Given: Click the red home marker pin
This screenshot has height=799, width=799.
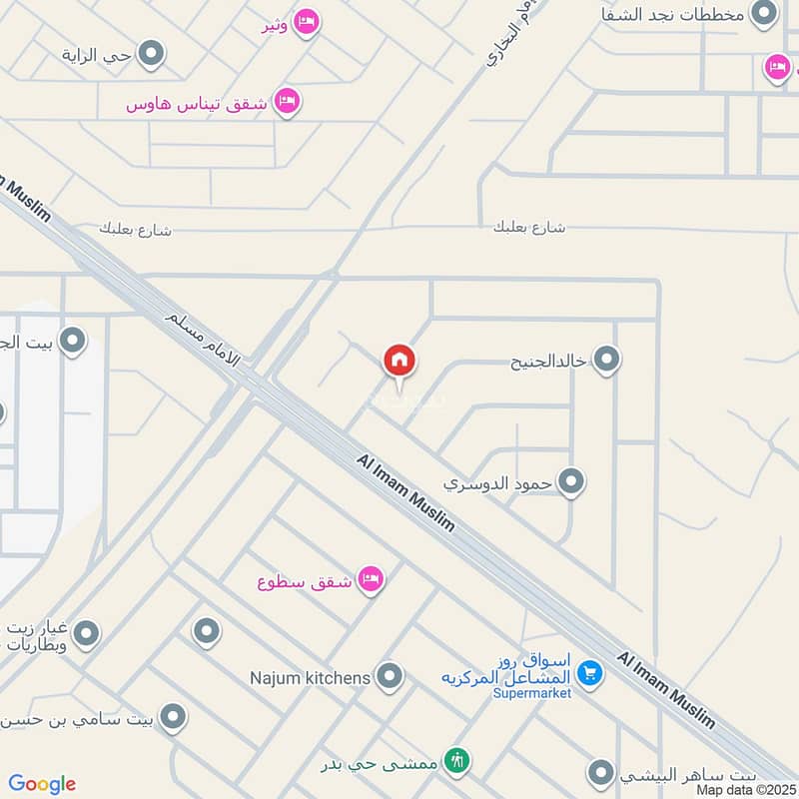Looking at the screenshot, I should (399, 362).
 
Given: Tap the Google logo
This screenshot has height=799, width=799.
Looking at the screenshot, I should (42, 784).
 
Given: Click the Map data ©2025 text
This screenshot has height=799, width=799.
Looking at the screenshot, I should (747, 789).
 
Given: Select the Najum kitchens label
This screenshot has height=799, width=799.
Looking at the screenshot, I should (310, 678).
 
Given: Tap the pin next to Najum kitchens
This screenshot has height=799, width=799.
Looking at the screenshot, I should (389, 677).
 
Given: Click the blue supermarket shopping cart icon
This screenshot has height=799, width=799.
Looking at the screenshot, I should (589, 674).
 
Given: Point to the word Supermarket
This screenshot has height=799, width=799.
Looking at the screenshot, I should (532, 693).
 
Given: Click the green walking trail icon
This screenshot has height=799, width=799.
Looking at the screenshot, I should (457, 760).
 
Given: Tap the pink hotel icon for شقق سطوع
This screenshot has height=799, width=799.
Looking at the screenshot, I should (371, 579).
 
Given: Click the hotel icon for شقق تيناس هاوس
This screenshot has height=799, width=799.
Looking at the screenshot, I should (287, 101).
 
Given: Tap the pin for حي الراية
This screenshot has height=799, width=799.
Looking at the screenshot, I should (151, 54).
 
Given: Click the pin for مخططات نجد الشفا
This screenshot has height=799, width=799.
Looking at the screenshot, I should (764, 13).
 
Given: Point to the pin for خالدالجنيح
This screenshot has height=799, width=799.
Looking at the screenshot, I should (606, 360).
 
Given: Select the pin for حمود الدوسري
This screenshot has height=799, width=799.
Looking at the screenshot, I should (571, 483).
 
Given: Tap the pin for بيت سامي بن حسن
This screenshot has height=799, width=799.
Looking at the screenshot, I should (174, 717).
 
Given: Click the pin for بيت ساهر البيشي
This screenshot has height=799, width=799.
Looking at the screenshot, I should (600, 773).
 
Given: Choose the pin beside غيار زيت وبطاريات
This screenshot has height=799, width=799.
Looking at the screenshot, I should (86, 633).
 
